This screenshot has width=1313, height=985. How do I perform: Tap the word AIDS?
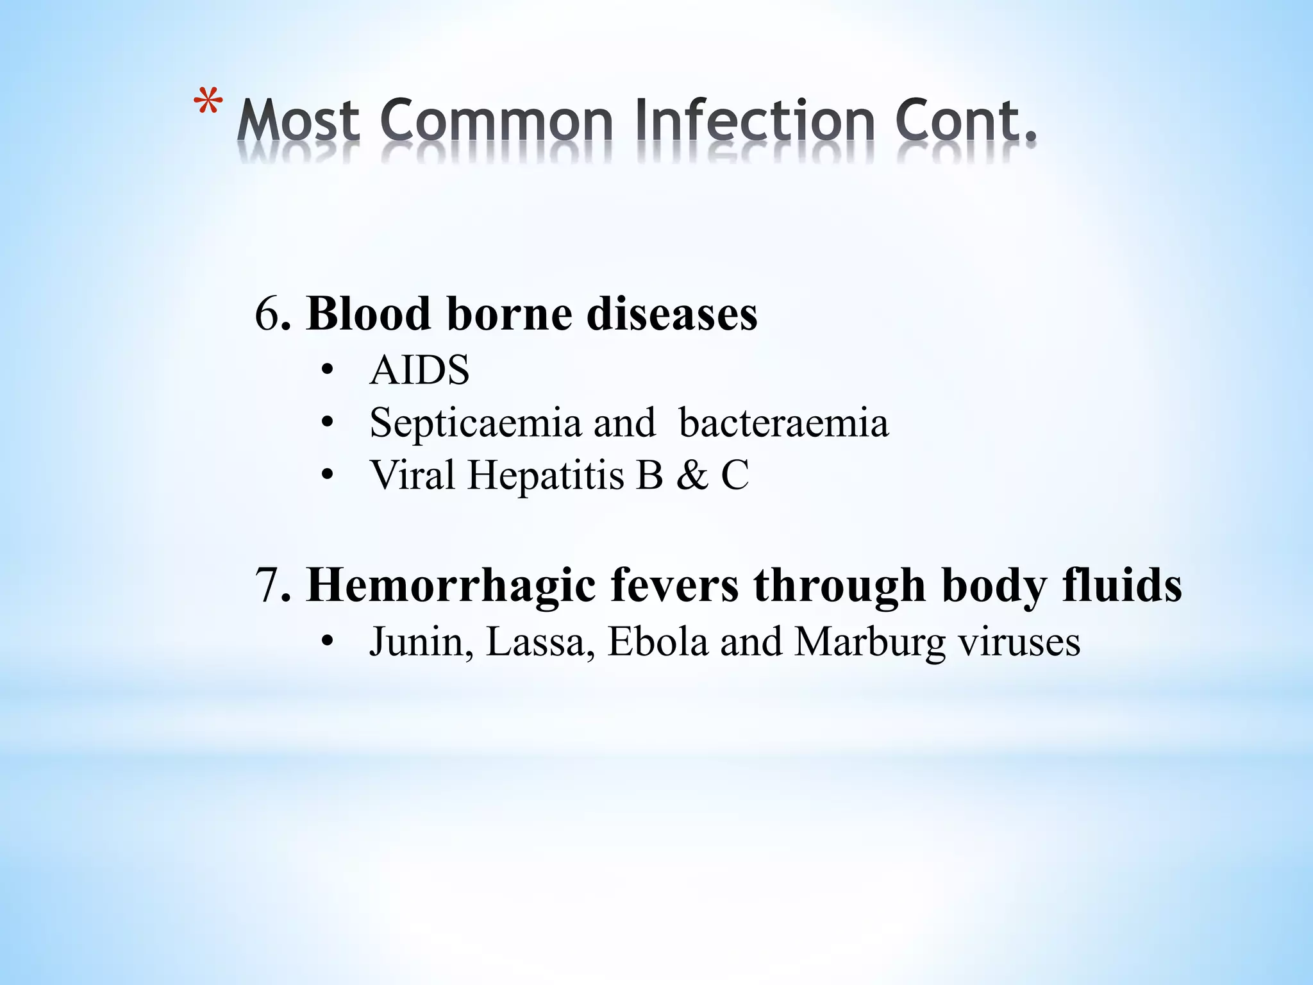click(x=419, y=370)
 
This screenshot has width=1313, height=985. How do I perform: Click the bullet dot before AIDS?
click(x=328, y=371)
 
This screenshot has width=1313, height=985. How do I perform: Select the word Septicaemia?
click(x=475, y=423)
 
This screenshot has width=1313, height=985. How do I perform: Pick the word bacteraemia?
click(x=783, y=423)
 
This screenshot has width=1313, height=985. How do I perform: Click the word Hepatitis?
click(x=546, y=475)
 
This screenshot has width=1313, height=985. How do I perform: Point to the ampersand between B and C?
click(x=692, y=476)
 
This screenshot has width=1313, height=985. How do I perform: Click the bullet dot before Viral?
click(x=328, y=476)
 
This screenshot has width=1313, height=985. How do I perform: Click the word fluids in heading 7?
click(x=1122, y=585)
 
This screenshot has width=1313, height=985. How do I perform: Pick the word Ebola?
click(x=658, y=641)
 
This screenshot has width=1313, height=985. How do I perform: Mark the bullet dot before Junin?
click(x=328, y=642)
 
